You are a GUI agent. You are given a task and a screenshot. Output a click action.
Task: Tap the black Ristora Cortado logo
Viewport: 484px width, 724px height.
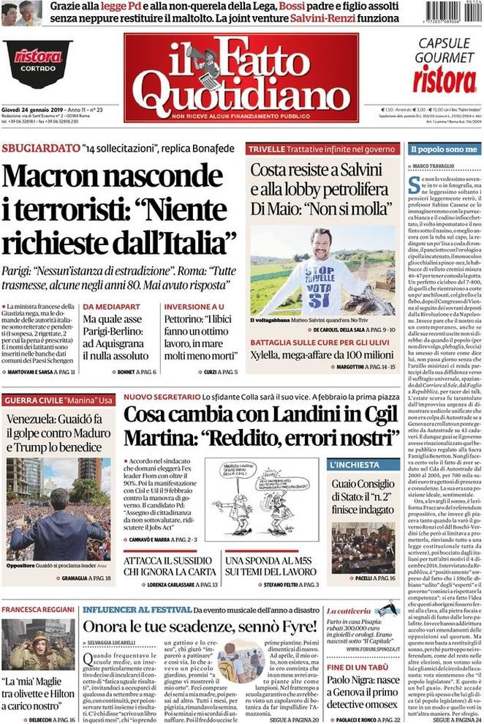coord(37,58)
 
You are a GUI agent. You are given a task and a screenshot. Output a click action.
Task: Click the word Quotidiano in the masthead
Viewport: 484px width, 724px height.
coord(241,92)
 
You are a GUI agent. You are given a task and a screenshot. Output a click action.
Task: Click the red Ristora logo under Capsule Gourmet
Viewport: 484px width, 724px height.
coord(444,80)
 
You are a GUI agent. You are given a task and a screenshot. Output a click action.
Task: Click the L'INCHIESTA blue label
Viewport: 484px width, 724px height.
coord(354,465)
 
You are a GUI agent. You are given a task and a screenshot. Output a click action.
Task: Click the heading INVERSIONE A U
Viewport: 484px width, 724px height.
coord(194,307)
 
